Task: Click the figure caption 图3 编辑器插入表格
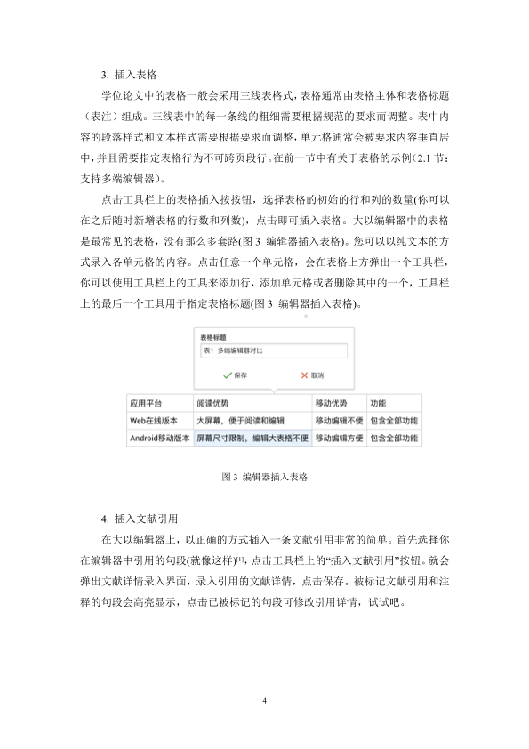tap(264, 477)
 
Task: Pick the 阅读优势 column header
tap(214, 402)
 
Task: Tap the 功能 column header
tap(378, 402)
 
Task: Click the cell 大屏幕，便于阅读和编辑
tap(240, 420)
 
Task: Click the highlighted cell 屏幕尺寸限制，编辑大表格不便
tap(252, 438)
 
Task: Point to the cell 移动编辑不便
tap(338, 420)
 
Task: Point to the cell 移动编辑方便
tap(338, 438)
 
